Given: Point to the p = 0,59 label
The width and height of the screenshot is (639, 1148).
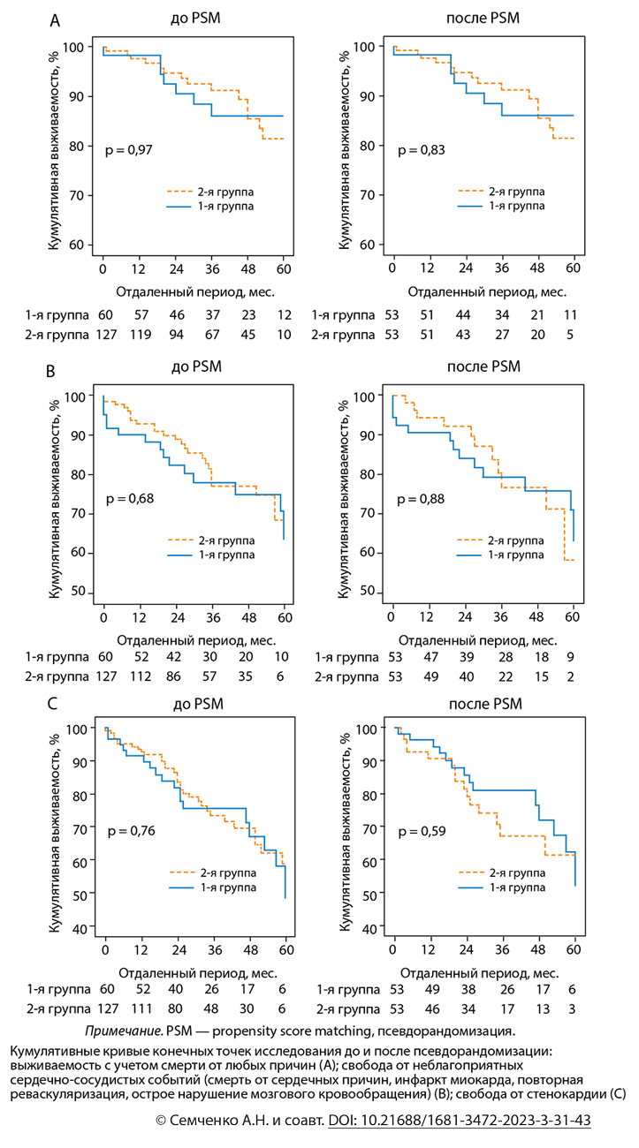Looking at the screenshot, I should (421, 831).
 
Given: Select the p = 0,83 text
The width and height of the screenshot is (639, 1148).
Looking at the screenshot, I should (421, 151).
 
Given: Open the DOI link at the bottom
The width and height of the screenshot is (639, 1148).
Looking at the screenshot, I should (459, 1120).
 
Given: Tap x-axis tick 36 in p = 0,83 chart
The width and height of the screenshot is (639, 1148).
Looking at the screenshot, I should (501, 268).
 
